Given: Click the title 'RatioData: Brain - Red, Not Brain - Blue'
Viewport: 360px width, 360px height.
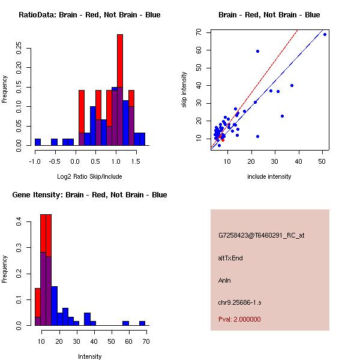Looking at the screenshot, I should [x=89, y=15].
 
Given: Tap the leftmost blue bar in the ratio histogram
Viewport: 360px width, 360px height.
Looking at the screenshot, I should [x=38, y=142].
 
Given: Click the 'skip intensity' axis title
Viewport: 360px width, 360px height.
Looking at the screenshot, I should [x=184, y=91].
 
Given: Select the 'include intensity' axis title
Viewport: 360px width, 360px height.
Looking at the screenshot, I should [x=269, y=176].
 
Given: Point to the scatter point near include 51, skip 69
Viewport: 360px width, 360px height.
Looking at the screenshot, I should [x=325, y=34].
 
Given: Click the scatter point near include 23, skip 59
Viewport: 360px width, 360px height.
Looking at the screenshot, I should [x=257, y=51].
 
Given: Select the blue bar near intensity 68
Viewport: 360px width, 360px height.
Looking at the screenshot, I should [x=142, y=323].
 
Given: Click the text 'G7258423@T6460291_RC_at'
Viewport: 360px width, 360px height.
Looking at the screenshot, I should [x=262, y=235].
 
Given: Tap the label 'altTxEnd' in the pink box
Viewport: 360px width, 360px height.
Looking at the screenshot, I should [x=230, y=258].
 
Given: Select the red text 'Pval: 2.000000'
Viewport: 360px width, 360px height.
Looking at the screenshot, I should [x=239, y=319].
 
